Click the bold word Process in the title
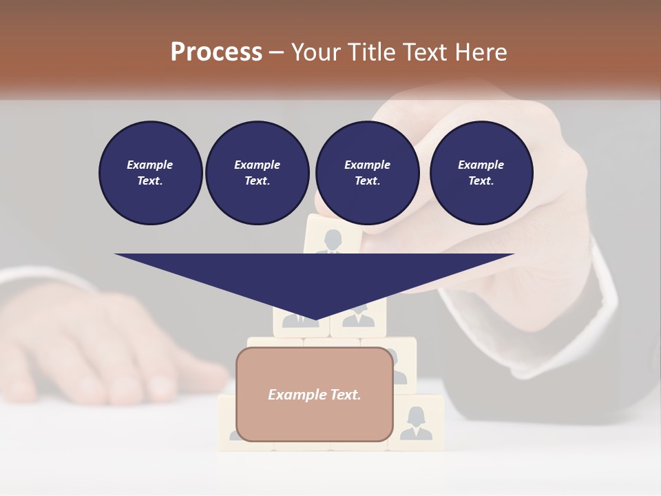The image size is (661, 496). point(216,52)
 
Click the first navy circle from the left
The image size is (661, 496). point(150,172)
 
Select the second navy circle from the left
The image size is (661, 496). point(258,172)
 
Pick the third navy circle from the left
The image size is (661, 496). point(367,172)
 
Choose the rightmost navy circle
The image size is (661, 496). point(481,172)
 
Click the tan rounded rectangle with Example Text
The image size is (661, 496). point(315,394)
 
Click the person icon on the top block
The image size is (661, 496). point(333,241)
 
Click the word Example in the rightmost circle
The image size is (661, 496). point(481,165)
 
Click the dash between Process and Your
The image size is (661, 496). point(276,52)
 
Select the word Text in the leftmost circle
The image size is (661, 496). point(150,181)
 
